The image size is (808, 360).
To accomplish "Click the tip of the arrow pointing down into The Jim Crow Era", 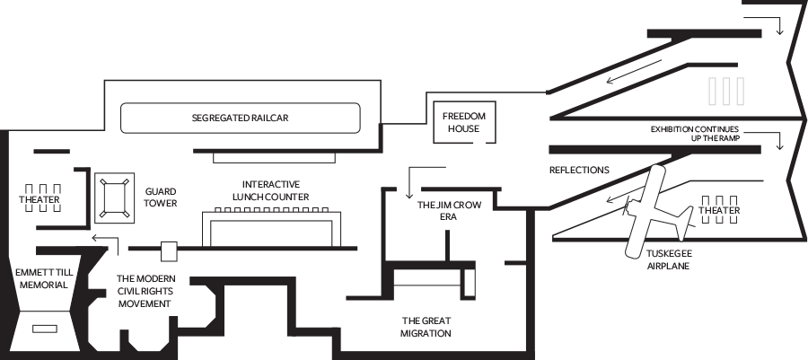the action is coord(409,198).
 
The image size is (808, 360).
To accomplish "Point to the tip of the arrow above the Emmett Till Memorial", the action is coord(92,238).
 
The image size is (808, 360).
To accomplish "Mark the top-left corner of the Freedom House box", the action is coord(434,101).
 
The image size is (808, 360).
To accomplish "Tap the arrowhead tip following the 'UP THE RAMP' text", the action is coord(779,150).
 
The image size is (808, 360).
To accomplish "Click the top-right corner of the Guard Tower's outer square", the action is coord(134,173).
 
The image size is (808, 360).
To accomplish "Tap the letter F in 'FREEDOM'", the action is coord(445,117).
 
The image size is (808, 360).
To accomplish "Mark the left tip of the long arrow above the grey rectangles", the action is coord(606,82).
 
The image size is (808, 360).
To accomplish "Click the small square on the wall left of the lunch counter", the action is coord(169,251).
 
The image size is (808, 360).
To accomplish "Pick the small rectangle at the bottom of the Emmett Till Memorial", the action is coord(45,329).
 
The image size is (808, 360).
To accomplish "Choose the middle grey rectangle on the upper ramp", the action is coord(726,92).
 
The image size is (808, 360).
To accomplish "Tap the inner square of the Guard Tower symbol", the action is coord(114,198).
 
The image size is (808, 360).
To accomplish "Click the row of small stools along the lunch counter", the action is coord(271,209).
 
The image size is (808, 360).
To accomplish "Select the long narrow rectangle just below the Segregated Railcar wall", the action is coord(274,158).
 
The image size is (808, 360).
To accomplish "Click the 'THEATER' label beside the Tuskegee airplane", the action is coord(719,210).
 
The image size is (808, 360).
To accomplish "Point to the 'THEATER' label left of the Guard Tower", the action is coord(40,199).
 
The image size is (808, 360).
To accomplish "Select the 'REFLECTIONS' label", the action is coord(579,170).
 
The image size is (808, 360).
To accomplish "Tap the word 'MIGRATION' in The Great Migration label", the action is coord(426,333).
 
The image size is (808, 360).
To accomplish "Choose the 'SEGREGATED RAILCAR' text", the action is coord(240,118).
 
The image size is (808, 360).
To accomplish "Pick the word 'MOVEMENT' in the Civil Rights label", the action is coord(145,303).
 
